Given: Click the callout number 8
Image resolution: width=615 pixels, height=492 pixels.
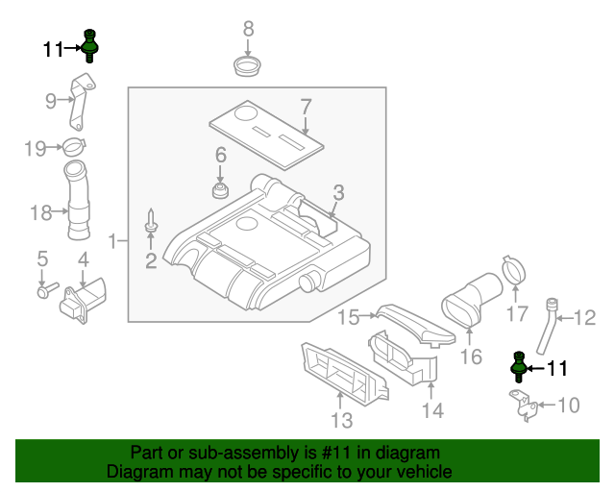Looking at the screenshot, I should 248,28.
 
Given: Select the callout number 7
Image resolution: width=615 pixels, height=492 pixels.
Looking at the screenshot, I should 306,106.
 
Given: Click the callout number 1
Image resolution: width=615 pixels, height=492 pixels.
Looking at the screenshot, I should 112,240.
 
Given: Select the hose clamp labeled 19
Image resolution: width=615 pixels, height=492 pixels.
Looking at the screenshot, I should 73,148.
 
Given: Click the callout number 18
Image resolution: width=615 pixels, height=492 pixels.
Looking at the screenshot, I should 40,212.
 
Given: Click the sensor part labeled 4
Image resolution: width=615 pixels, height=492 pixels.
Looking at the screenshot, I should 82,301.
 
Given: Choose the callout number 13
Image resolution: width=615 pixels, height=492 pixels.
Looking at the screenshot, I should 342,420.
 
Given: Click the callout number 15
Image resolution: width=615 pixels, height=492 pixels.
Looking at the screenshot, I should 347,315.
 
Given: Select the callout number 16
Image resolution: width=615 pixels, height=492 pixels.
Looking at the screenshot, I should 470,357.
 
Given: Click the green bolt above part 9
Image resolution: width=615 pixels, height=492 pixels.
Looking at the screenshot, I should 91,44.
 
